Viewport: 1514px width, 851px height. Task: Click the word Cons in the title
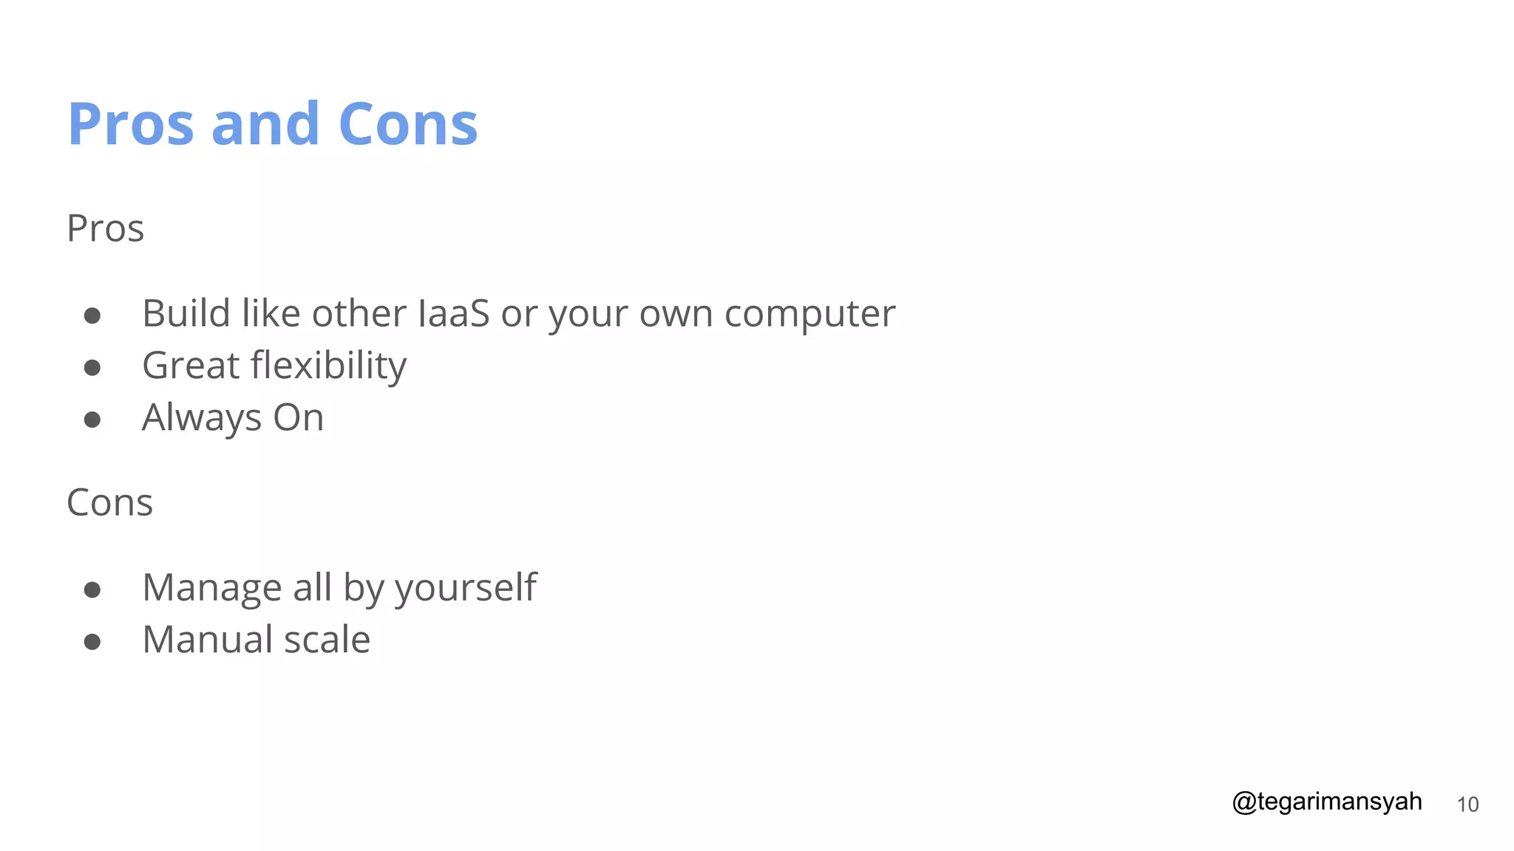pos(408,124)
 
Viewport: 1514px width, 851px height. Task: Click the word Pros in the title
pos(131,124)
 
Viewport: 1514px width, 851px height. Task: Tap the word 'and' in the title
pos(265,124)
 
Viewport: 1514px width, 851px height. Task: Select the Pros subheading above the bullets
pos(105,228)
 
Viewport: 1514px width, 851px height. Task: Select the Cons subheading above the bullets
pos(109,503)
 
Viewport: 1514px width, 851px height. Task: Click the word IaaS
pos(453,313)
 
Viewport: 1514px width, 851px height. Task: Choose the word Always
pos(201,418)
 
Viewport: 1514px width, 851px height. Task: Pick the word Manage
pos(211,588)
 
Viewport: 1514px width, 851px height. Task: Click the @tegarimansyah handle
pos(1326,802)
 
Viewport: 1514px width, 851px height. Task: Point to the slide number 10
pos(1467,804)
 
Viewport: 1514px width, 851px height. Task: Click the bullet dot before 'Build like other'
pos(92,316)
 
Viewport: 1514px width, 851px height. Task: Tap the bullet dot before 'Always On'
pos(92,420)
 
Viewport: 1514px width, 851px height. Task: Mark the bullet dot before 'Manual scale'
pos(92,641)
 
